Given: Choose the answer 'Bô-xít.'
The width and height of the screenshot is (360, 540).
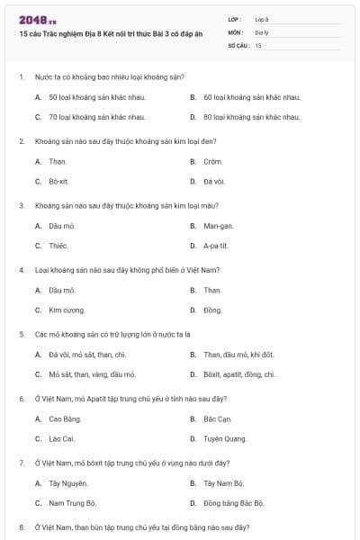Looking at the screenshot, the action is click(58, 181).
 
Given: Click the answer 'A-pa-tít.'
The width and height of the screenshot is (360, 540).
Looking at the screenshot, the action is click(216, 245).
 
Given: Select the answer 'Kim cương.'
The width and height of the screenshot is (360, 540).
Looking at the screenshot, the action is click(67, 310).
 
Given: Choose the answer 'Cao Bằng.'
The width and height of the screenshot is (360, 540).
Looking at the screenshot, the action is click(65, 418).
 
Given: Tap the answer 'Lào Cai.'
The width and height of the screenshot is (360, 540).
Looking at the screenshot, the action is click(61, 438).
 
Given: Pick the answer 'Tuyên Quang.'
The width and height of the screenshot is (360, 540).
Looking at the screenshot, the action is click(224, 438).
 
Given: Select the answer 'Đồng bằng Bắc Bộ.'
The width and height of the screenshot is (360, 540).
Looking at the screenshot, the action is click(233, 502).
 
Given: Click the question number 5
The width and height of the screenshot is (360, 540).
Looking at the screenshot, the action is click(22, 333).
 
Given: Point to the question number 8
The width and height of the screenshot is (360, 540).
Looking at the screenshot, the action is click(22, 526).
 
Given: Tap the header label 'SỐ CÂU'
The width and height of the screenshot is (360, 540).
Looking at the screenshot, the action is click(237, 44).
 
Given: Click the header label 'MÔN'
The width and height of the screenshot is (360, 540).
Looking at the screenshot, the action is click(235, 31).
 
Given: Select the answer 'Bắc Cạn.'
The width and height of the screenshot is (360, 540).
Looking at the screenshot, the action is click(217, 418).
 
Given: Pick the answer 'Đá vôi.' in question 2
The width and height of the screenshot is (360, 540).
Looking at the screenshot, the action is click(213, 181).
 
